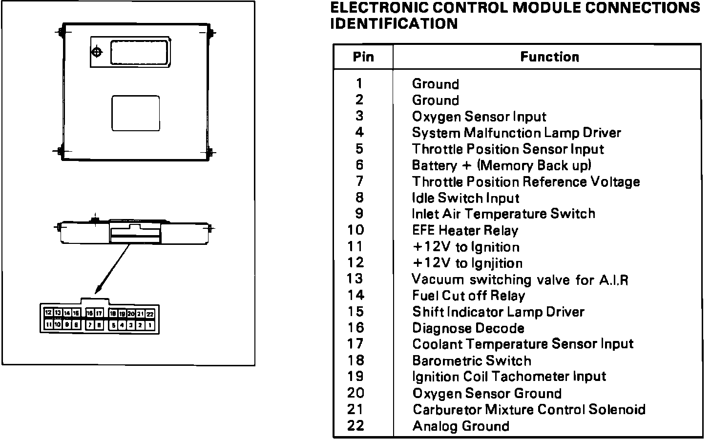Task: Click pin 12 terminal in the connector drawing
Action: [48, 313]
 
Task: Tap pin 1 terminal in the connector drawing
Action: [150, 324]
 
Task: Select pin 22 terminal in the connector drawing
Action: [150, 314]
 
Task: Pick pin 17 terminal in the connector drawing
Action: [99, 313]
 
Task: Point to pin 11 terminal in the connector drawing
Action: [48, 324]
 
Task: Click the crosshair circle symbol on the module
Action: [97, 52]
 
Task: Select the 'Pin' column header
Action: [363, 57]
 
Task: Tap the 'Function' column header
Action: [549, 57]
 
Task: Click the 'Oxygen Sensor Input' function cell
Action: [479, 117]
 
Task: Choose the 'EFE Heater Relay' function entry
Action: [465, 230]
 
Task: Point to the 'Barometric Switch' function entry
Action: [471, 361]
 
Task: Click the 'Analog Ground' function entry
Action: [460, 426]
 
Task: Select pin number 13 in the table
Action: [355, 279]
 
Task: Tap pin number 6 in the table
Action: [360, 165]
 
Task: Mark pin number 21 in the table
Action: [355, 409]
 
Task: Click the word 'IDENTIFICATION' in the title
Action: [394, 23]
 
